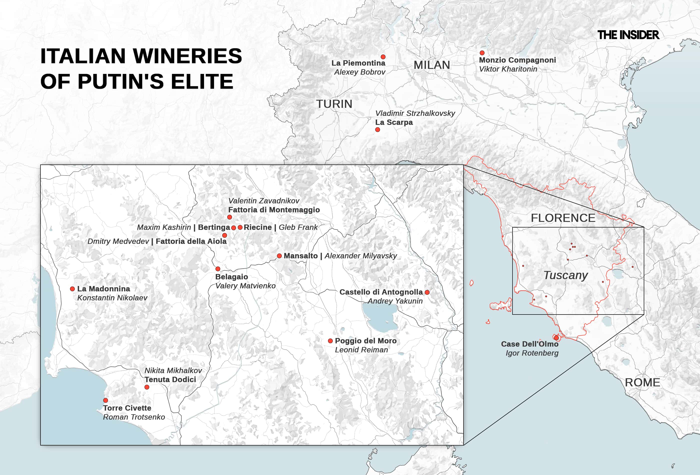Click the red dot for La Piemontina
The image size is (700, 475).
tap(383, 57)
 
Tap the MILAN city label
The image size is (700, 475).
tap(432, 65)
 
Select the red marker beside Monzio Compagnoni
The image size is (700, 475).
tap(482, 53)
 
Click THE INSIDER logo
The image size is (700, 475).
tap(628, 35)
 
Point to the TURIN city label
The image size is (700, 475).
tap(334, 104)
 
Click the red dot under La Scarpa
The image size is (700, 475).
tap(377, 130)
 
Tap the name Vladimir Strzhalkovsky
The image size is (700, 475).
tap(415, 113)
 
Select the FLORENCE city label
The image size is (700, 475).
tap(563, 218)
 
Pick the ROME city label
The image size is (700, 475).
tap(642, 382)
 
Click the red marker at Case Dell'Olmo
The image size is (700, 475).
tap(556, 338)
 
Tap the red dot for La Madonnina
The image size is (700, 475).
tap(72, 289)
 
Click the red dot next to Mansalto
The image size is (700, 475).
tap(279, 256)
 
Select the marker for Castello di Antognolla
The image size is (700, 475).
tap(427, 292)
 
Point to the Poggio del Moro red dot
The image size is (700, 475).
tap(330, 341)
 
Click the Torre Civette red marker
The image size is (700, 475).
tap(105, 400)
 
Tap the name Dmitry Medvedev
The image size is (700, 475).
tap(118, 241)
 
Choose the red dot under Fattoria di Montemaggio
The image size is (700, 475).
tap(229, 217)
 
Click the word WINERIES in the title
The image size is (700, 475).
tap(187, 56)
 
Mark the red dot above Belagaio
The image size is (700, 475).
tap(218, 269)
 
